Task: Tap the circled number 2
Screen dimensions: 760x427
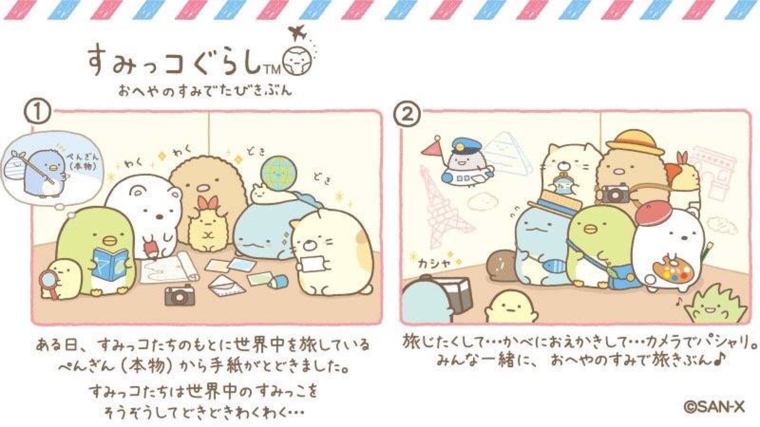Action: [407, 114]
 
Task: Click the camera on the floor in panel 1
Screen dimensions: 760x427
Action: [180, 295]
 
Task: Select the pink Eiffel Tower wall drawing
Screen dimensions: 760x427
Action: [441, 210]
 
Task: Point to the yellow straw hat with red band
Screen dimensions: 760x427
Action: [635, 144]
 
